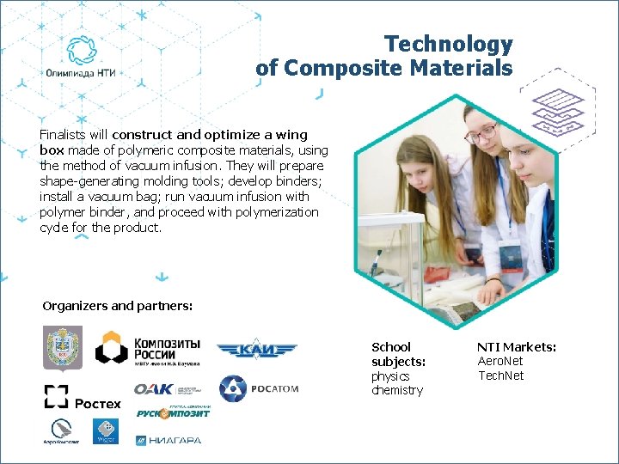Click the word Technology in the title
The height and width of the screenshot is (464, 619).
[x=448, y=44]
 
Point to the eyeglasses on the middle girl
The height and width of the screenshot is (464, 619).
[x=482, y=133]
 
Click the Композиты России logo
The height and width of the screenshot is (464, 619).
[x=148, y=349]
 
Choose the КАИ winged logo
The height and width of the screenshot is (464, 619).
[x=256, y=350]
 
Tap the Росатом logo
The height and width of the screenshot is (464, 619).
[x=258, y=389]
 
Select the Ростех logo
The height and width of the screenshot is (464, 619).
[x=83, y=398]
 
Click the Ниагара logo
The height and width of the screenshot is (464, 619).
[x=169, y=441]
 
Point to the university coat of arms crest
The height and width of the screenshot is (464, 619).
[x=63, y=348]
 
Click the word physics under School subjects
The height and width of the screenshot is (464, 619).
[x=390, y=376]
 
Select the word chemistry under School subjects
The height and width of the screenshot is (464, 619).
[x=397, y=390]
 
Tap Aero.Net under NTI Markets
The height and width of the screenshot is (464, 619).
[x=500, y=362]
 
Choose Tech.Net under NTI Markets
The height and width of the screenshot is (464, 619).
[x=500, y=375]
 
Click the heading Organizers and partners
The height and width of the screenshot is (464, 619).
[x=117, y=306]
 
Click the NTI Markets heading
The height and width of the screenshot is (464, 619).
[x=517, y=347]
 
